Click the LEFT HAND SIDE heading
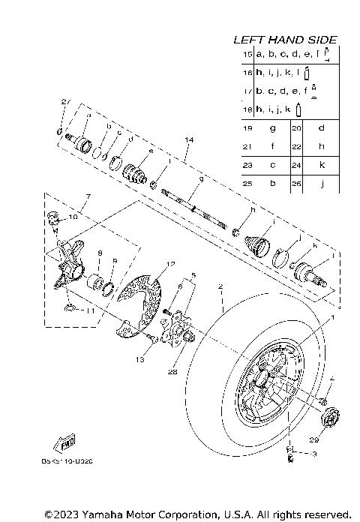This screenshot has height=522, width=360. point(285,39)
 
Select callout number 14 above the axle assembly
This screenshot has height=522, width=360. point(188,140)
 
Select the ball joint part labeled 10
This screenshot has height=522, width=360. point(53,218)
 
